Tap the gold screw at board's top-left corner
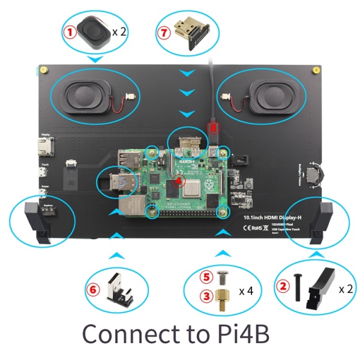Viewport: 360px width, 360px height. tap(44, 71)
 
